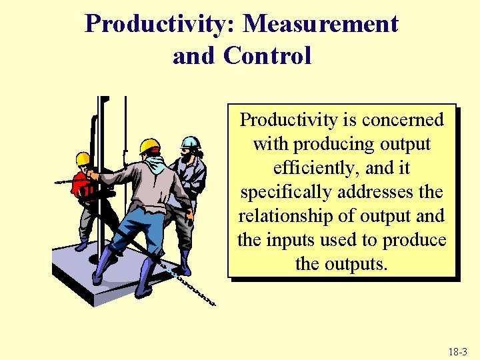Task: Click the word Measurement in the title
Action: coord(321,25)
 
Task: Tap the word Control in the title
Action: coord(268,56)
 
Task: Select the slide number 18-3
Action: coord(458,351)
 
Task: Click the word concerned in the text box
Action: coord(403,120)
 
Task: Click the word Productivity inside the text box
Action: coord(289,120)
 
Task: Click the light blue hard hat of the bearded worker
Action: coord(191,142)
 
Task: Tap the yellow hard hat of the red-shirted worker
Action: coord(83,159)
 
